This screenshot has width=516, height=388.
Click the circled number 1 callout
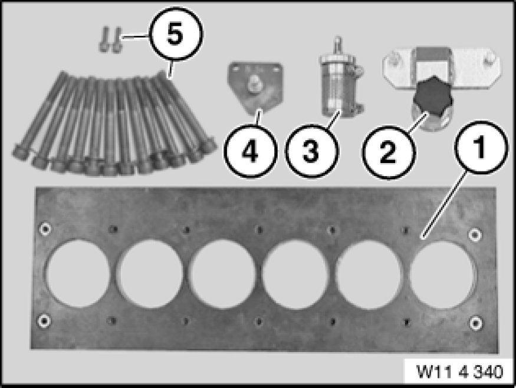481,148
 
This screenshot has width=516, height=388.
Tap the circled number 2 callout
389,152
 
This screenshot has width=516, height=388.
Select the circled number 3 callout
311,151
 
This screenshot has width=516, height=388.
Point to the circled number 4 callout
250,151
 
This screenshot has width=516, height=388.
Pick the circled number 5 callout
176,34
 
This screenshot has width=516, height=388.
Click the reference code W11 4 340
460,372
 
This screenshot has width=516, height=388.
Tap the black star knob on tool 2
433,95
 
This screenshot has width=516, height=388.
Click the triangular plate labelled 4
255,87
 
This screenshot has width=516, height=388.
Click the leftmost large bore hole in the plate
78,274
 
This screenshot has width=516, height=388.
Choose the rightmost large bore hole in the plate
443,276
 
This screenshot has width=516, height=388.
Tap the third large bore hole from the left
224,274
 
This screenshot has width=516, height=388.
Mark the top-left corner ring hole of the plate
45,228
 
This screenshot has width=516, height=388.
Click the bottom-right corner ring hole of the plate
475,323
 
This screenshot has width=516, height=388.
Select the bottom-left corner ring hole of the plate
44,321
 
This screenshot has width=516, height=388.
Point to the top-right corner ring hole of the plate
475,234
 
